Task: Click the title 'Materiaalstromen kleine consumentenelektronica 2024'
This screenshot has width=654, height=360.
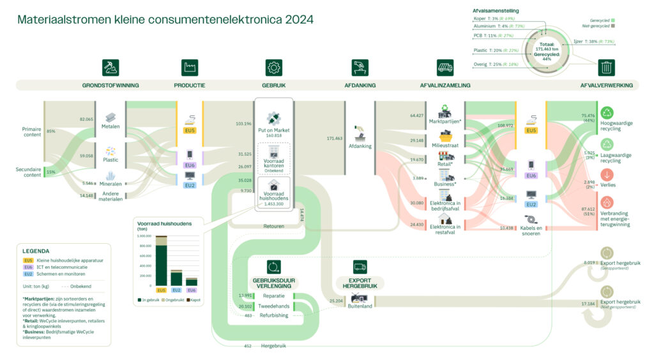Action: [x=165, y=20]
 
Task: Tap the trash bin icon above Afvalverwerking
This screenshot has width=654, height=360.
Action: [x=606, y=67]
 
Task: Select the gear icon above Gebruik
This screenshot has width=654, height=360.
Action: [x=274, y=67]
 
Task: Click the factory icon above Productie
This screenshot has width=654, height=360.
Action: [x=189, y=67]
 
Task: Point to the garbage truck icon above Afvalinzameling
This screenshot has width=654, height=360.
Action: [x=445, y=67]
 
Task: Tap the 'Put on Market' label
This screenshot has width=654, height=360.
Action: [x=274, y=130]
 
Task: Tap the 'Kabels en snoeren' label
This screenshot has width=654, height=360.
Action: [x=531, y=231]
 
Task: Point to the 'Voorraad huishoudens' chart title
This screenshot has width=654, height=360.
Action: [x=160, y=223]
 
